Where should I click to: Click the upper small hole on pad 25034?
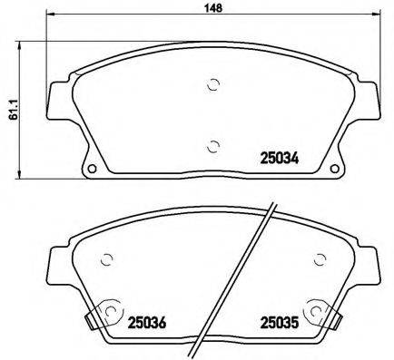pyautogui.click(x=212, y=86)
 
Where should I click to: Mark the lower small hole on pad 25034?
pyautogui.click(x=212, y=145)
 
